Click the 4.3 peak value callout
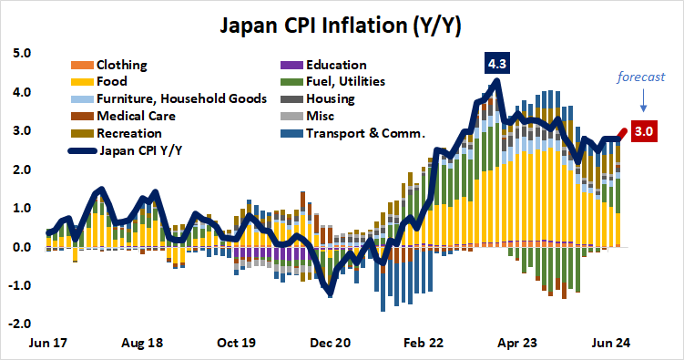(497, 65)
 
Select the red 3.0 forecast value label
(643, 132)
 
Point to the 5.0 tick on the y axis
(21, 54)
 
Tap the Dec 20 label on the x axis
(331, 344)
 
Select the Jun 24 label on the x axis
(607, 344)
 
